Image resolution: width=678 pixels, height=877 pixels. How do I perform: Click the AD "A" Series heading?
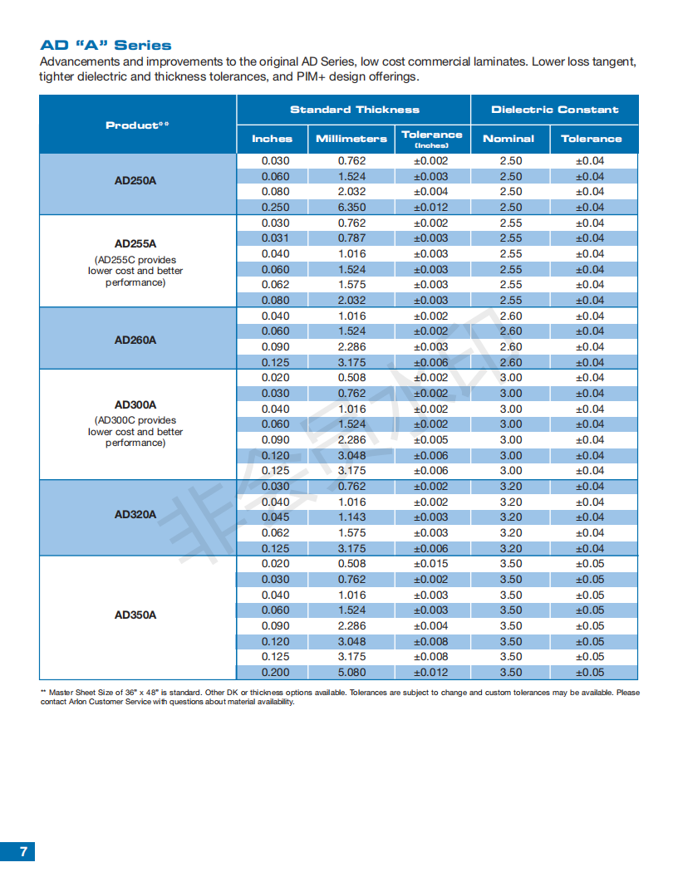tap(106, 46)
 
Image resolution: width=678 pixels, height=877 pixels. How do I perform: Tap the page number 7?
tap(23, 851)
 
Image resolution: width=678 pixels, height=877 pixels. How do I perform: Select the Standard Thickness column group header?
tap(355, 110)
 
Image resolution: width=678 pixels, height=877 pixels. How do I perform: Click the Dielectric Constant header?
tap(555, 110)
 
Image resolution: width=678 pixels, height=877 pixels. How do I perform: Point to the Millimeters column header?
tap(351, 139)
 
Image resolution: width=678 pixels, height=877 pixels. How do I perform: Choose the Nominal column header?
tap(508, 139)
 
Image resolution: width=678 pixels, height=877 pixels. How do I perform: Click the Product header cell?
tap(138, 125)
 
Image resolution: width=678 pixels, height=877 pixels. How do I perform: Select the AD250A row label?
tap(135, 181)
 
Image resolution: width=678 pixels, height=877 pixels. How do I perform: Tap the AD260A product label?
tap(135, 340)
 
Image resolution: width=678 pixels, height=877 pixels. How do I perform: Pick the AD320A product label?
tap(135, 515)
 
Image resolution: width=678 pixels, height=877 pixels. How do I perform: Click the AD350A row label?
tap(135, 615)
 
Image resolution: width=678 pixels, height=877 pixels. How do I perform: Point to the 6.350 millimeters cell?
tap(351, 208)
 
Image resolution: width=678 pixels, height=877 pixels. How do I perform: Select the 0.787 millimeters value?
tap(351, 238)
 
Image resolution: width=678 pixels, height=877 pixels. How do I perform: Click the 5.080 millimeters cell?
tap(351, 673)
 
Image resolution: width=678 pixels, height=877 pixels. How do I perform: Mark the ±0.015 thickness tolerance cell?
tap(430, 564)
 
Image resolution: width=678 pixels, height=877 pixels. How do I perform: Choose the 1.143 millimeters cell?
tap(351, 517)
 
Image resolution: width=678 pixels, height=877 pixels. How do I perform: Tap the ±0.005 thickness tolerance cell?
tap(430, 440)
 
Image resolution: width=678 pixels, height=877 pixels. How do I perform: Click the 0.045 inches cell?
tap(276, 517)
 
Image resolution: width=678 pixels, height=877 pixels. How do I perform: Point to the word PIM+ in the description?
tap(311, 76)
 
